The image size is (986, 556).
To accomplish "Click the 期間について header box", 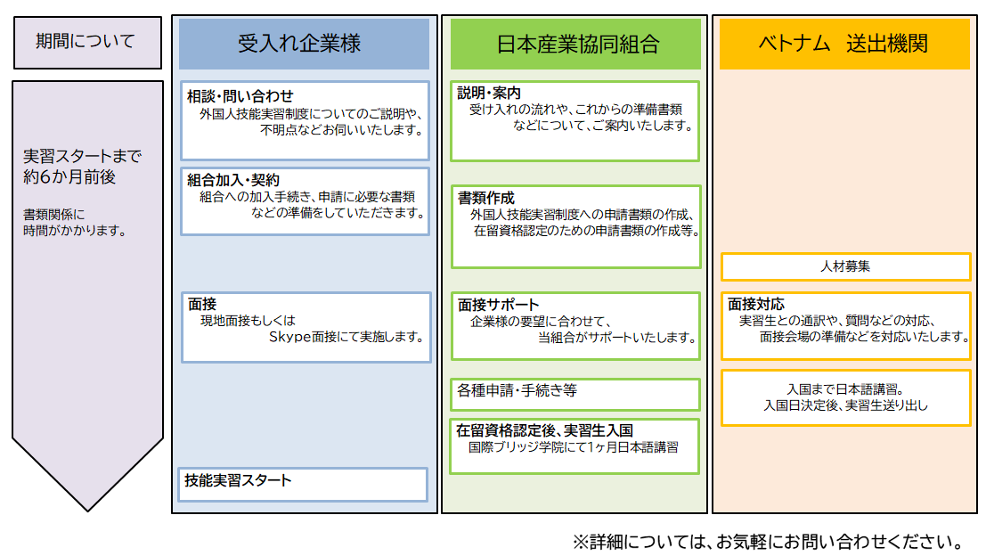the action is (x=87, y=42).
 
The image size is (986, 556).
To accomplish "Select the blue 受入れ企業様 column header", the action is (x=304, y=44).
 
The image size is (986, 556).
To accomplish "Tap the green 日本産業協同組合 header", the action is (x=575, y=44).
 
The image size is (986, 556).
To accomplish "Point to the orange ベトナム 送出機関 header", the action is (x=844, y=44).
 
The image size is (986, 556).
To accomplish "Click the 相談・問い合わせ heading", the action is (x=240, y=96).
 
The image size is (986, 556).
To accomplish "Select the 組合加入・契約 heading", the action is (x=232, y=180).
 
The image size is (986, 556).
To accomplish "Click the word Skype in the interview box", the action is (x=289, y=337).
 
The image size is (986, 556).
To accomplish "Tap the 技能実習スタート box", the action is (x=303, y=485).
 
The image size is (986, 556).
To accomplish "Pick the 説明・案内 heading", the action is (x=489, y=93).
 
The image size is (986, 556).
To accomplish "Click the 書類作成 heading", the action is (x=485, y=198).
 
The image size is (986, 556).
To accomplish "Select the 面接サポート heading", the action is (x=498, y=305).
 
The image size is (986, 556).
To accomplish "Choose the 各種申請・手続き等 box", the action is (x=574, y=395).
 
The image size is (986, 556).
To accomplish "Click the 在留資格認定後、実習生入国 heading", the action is (x=544, y=430).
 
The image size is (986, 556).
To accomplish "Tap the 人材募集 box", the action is (x=846, y=266).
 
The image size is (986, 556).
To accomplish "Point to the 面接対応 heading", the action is (x=756, y=305).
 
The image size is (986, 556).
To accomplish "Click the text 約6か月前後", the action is (x=69, y=176).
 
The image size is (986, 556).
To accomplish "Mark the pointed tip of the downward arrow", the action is (x=87, y=511).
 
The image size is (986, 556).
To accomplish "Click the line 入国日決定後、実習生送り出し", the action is (x=845, y=405).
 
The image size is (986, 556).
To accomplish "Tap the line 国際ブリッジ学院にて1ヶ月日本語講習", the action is (x=574, y=447).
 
